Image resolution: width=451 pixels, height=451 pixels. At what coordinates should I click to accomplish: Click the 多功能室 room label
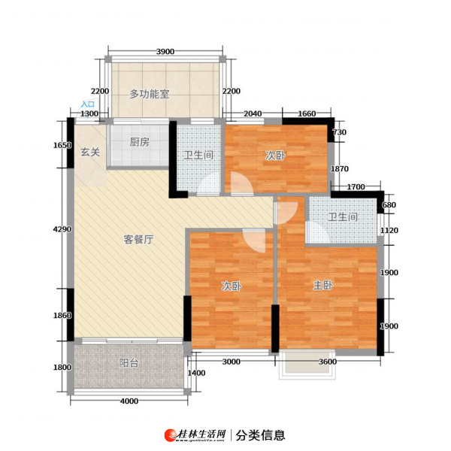click(x=150, y=94)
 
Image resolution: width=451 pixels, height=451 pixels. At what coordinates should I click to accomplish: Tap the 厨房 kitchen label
click(x=140, y=142)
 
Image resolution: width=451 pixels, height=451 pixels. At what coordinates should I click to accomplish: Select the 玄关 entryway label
click(x=90, y=152)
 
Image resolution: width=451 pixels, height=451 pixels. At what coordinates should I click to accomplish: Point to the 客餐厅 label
click(x=138, y=239)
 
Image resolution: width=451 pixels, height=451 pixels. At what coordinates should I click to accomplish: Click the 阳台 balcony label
click(x=129, y=363)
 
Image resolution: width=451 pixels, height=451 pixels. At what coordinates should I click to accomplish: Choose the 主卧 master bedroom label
click(x=323, y=286)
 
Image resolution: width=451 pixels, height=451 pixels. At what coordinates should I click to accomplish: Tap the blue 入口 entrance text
click(x=88, y=104)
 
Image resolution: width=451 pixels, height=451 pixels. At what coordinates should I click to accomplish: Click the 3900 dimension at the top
click(x=165, y=51)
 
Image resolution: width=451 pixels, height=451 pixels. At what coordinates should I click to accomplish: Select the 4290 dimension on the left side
click(x=62, y=229)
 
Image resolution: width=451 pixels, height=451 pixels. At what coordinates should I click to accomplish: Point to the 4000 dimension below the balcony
click(x=129, y=401)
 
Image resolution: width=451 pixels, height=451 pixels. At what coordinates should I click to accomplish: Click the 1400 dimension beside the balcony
click(x=196, y=373)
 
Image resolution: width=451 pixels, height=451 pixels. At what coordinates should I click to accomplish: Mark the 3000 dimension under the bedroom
click(x=232, y=362)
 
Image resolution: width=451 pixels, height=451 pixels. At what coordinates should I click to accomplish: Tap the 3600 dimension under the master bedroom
click(x=328, y=362)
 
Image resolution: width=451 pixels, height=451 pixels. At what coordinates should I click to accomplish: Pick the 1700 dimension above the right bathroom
click(x=356, y=187)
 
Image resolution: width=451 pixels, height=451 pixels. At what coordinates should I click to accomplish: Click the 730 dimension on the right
click(x=340, y=132)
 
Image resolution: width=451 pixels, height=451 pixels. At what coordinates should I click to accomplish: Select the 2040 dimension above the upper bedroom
click(x=253, y=114)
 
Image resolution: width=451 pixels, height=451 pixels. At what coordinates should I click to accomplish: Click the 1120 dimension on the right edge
click(x=389, y=231)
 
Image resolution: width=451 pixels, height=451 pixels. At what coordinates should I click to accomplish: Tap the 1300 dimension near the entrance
click(x=89, y=114)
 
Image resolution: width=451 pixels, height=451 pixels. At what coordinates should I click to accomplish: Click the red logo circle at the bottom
click(x=171, y=435)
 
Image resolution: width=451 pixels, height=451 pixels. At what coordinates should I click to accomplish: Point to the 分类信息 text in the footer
click(x=260, y=435)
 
